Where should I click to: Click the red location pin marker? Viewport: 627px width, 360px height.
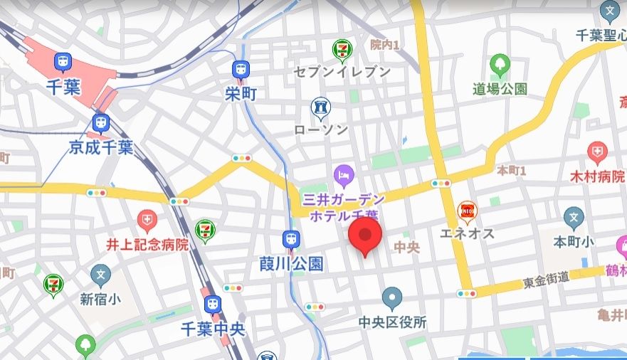(365, 235)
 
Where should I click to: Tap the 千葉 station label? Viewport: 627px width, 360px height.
(63, 88)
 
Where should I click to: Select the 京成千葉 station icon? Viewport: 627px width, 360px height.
(101, 123)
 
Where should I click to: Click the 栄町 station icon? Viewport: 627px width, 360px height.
(240, 70)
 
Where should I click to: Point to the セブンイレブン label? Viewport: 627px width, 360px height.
(343, 72)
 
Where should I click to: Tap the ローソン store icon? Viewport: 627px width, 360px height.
(320, 107)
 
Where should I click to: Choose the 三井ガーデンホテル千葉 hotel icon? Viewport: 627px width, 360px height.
(344, 173)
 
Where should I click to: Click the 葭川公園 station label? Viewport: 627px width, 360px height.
(291, 264)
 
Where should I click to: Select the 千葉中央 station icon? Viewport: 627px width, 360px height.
(212, 305)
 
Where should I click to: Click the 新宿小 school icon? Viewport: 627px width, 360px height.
(101, 273)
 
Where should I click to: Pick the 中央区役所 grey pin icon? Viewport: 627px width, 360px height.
(392, 297)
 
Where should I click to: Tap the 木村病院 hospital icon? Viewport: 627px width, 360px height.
(596, 152)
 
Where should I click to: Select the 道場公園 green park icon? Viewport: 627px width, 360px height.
(500, 64)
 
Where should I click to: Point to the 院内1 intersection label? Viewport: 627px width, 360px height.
(384, 45)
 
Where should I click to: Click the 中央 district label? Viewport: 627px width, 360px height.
(407, 247)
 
